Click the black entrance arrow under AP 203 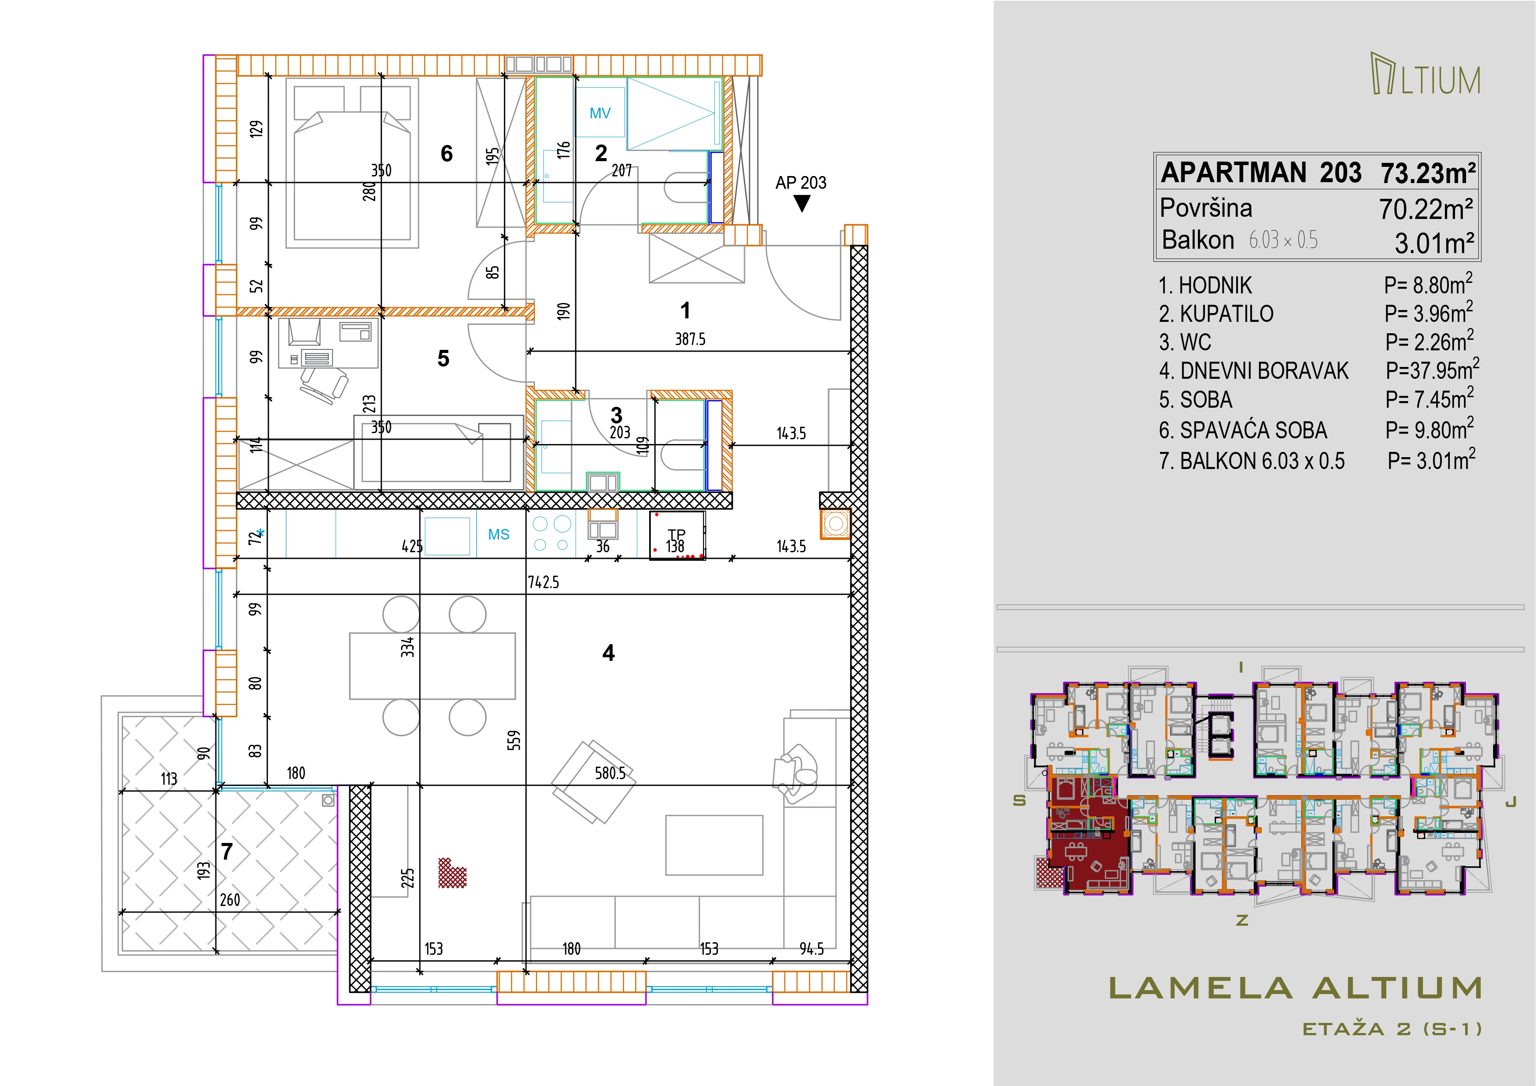801,204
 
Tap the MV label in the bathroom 600,113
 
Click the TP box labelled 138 677,535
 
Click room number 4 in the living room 608,652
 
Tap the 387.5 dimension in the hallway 690,339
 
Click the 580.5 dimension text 610,773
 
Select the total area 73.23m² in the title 1428,173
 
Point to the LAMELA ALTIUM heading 1295,988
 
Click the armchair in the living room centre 593,782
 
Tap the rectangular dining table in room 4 432,666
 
